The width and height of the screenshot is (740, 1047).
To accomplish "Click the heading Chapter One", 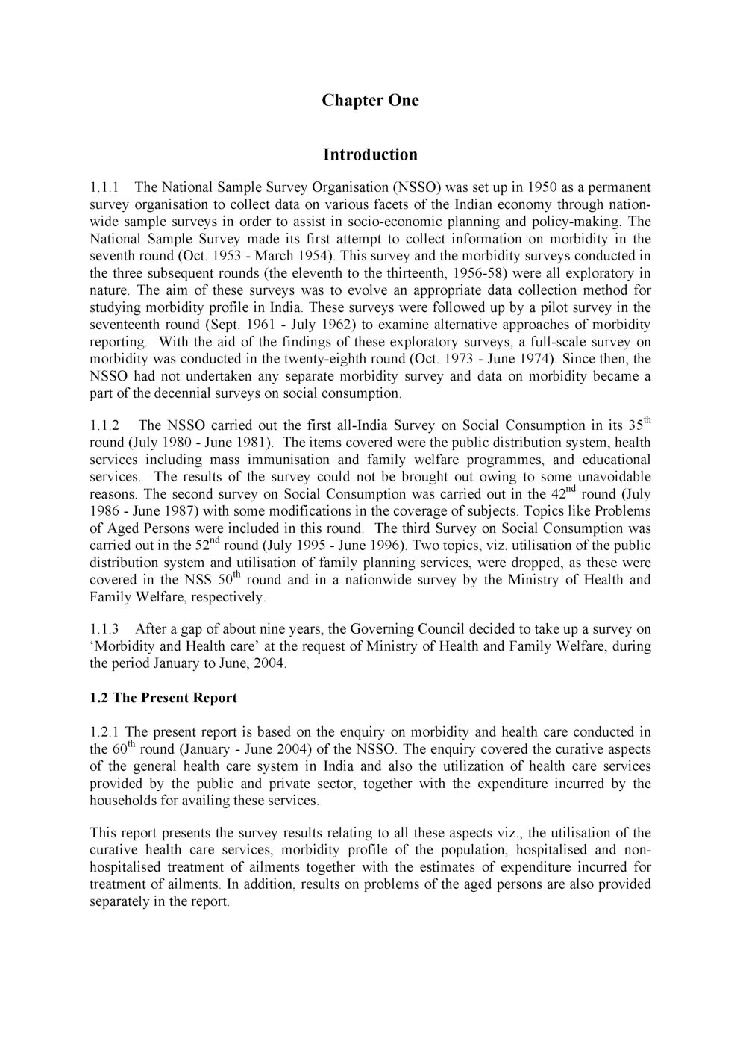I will (x=370, y=101).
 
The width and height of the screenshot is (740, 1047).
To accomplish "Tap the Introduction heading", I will (x=370, y=155).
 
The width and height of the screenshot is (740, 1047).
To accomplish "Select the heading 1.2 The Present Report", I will (x=163, y=698).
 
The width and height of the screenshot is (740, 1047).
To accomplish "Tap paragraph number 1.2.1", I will (x=104, y=733).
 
